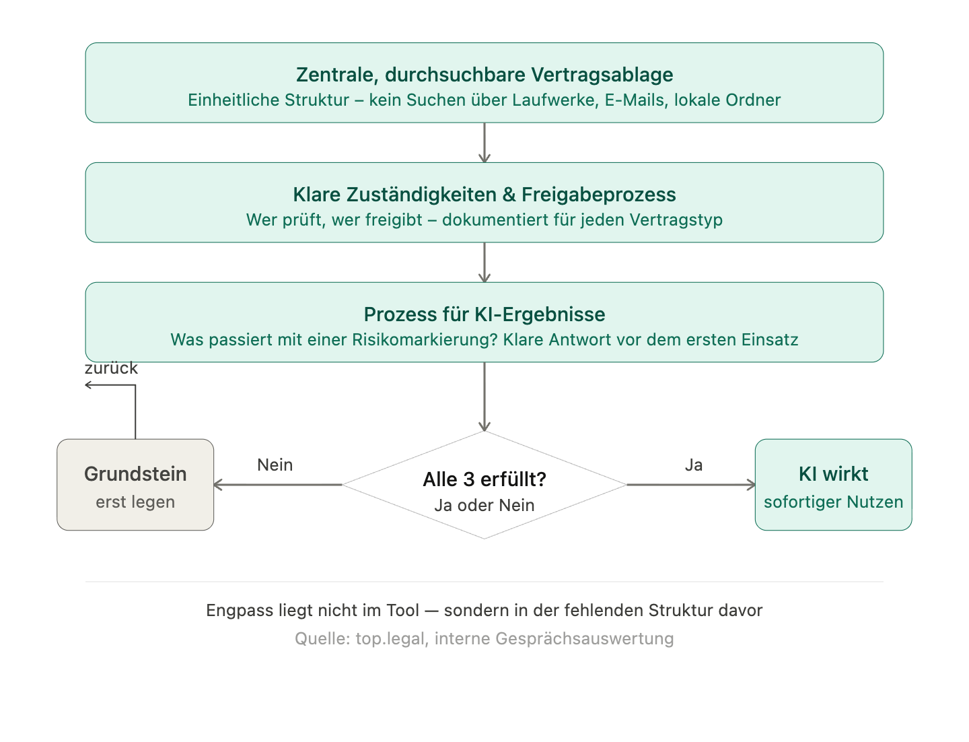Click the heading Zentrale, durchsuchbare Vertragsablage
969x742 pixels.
pos(485,75)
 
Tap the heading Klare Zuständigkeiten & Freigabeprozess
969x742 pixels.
pos(485,195)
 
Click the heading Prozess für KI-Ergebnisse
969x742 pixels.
pos(485,314)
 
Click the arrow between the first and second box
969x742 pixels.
pos(485,142)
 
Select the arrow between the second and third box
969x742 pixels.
pos(485,262)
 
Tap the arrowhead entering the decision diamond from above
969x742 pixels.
pos(485,426)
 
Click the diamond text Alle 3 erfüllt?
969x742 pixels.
pos(485,479)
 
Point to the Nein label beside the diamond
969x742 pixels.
pos(275,465)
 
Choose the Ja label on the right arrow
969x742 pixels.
pos(694,465)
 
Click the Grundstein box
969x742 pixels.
pos(135,485)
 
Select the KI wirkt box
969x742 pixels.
pos(833,485)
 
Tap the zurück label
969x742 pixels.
pos(111,368)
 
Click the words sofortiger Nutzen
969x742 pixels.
pos(833,502)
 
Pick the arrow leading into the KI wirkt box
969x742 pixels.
pos(690,485)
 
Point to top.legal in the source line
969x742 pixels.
pos(391,639)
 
